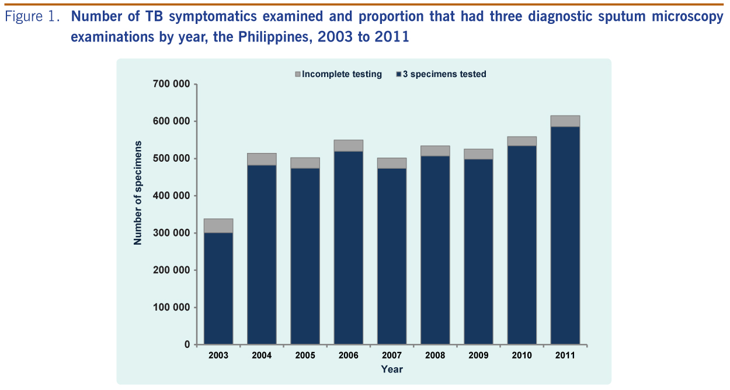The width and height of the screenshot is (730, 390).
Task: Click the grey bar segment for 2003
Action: pyautogui.click(x=218, y=226)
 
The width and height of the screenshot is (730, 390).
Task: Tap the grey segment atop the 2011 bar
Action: pyautogui.click(x=565, y=121)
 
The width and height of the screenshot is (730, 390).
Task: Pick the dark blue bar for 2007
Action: pyautogui.click(x=392, y=256)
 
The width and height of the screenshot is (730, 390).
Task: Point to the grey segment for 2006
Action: pyautogui.click(x=349, y=146)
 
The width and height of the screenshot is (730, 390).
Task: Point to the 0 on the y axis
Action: pyautogui.click(x=187, y=344)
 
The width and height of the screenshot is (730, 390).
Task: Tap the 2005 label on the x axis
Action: pyautogui.click(x=305, y=356)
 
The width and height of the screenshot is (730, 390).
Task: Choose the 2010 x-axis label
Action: pyautogui.click(x=522, y=356)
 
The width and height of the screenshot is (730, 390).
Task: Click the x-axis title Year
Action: pyautogui.click(x=392, y=369)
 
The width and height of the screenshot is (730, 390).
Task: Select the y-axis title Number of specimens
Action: pyautogui.click(x=138, y=193)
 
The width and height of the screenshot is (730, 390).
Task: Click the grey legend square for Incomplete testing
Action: pyautogui.click(x=297, y=75)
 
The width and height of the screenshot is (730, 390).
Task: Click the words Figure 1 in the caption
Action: pyautogui.click(x=33, y=18)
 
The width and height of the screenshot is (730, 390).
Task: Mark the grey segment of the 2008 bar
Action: pyautogui.click(x=435, y=151)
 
